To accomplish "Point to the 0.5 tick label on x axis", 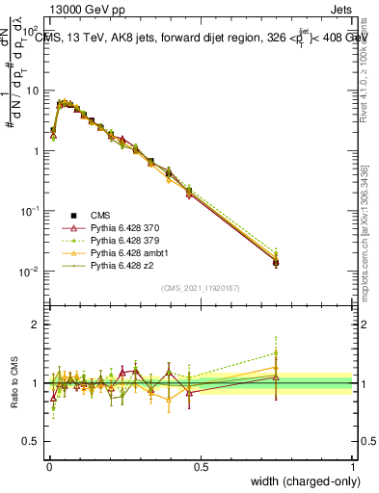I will tap(201, 467).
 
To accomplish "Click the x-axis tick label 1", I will tap(353, 467).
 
